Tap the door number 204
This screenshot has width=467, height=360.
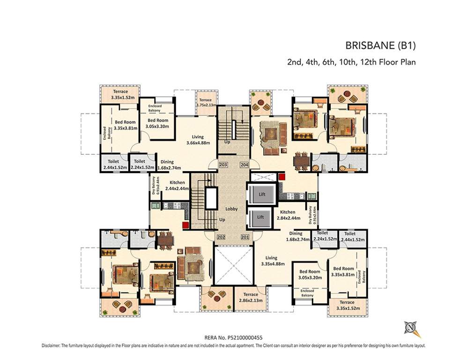(x=244, y=165)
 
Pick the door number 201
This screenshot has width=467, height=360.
(x=244, y=237)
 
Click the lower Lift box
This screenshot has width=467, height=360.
(x=260, y=217)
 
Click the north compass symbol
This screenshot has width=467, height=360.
(x=411, y=328)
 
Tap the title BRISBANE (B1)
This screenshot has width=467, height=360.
(x=380, y=46)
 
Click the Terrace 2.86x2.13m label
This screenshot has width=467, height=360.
(x=251, y=297)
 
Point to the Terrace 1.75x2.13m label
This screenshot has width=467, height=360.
(x=205, y=103)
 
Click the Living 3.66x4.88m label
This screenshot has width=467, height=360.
(x=198, y=140)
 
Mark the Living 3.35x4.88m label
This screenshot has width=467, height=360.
(x=271, y=261)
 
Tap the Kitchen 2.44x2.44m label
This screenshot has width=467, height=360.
(x=179, y=185)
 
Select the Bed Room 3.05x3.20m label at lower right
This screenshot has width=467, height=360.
(x=310, y=274)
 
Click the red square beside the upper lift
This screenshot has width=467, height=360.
(x=282, y=177)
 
